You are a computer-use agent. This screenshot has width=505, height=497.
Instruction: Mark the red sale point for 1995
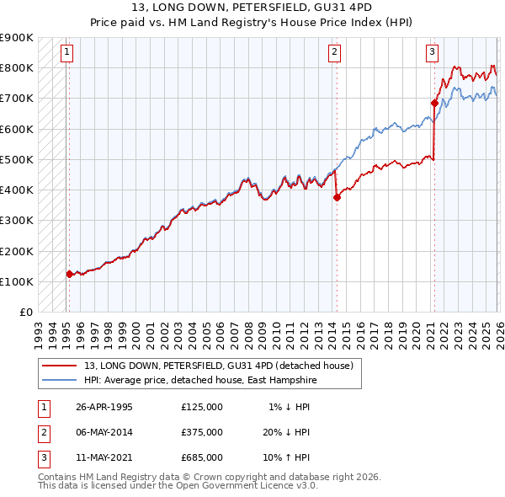(69, 274)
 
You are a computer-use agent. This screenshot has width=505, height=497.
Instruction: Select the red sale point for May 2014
(337, 197)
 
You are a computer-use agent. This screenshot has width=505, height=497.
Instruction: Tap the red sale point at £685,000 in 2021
(434, 103)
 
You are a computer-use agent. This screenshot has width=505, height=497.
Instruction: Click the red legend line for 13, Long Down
(58, 366)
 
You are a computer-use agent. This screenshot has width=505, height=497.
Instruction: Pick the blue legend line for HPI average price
(58, 380)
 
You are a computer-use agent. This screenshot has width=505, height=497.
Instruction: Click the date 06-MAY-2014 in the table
(104, 431)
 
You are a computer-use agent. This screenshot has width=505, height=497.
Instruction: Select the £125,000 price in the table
(202, 407)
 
